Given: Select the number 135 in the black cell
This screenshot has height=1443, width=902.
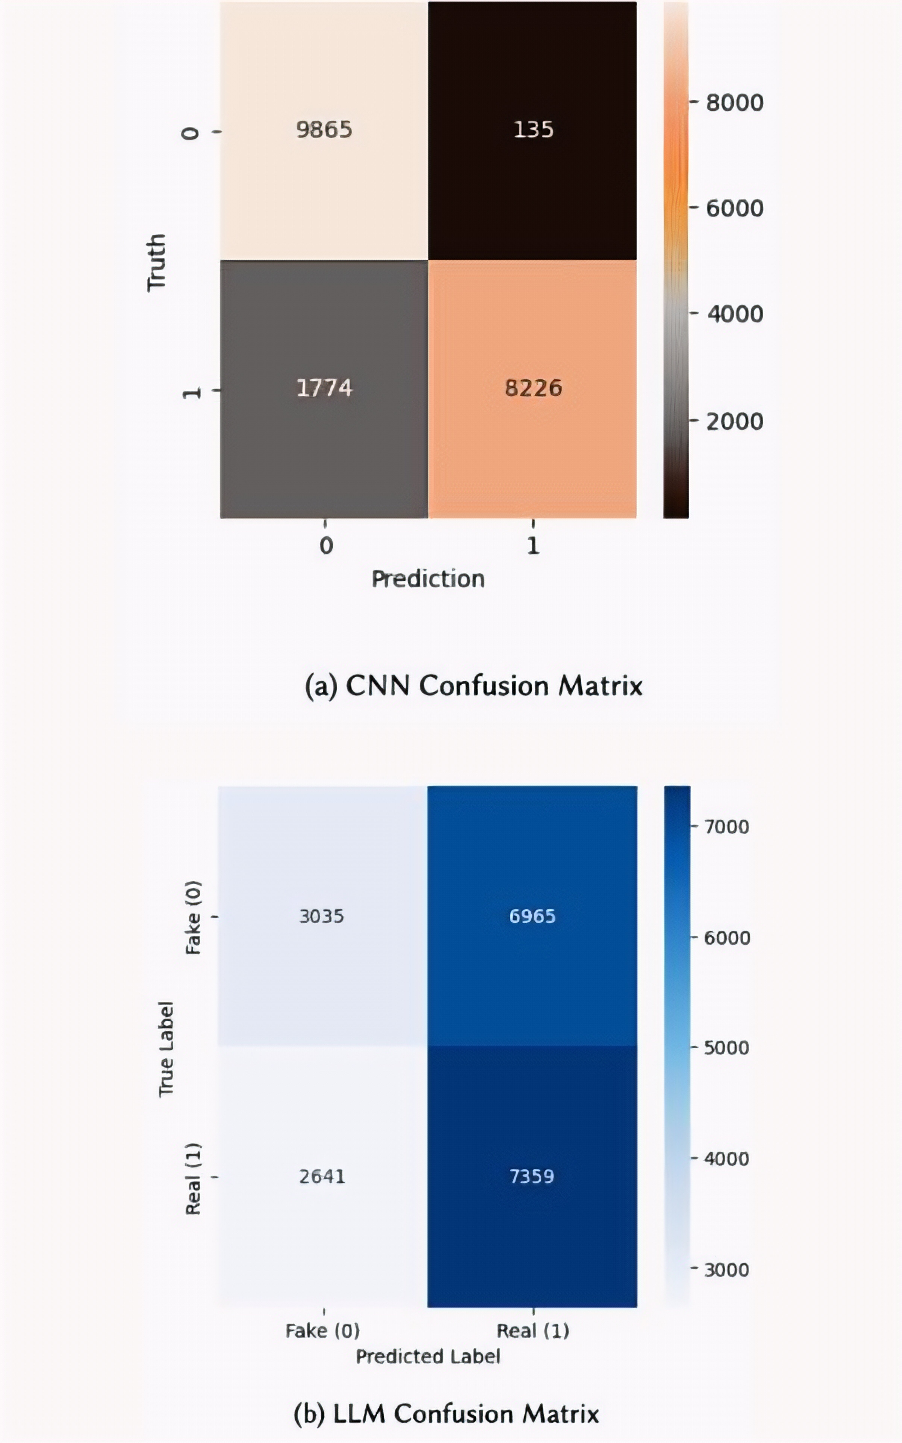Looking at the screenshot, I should [x=533, y=129].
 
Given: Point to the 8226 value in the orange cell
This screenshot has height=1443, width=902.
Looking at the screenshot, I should [x=533, y=388].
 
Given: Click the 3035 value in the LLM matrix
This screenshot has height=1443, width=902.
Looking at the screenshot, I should [x=322, y=916].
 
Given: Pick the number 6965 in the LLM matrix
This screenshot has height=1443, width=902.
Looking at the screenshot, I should [x=532, y=916].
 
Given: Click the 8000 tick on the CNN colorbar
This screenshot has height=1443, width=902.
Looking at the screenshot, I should [x=734, y=103].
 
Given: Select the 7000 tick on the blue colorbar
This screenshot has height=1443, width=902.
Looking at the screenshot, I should [x=727, y=827].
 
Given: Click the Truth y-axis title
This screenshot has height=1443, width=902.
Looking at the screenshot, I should [x=156, y=262].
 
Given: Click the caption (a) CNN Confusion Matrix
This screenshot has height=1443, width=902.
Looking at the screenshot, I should [x=474, y=686].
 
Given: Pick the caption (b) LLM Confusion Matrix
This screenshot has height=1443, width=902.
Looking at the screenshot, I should [x=446, y=1414].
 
